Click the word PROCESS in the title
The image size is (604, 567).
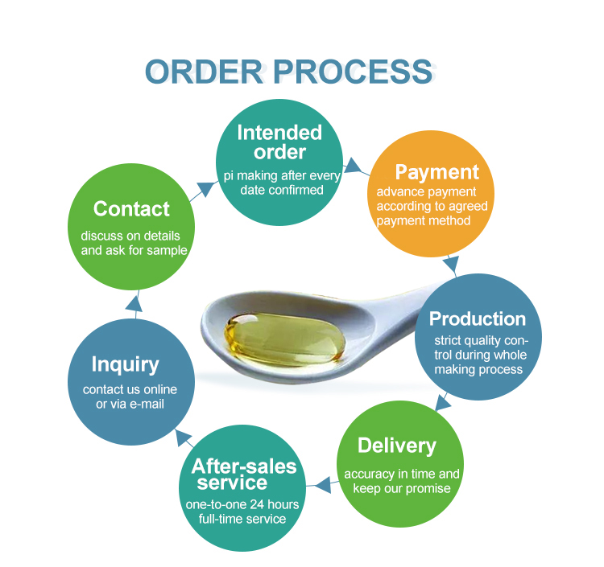coord(350,72)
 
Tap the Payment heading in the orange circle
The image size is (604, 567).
coord(436,172)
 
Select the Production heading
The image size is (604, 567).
coord(477,318)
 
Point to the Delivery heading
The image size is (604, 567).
coord(396,446)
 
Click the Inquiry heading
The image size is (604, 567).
coord(125,364)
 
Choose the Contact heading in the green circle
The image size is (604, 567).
coord(131,209)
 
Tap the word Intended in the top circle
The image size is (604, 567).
coord(279,133)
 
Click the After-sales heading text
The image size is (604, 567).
coord(244,466)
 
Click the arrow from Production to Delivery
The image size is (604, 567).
coord(441,401)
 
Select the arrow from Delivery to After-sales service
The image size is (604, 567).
coord(323,484)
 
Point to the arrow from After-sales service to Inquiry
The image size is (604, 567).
coord(182,439)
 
